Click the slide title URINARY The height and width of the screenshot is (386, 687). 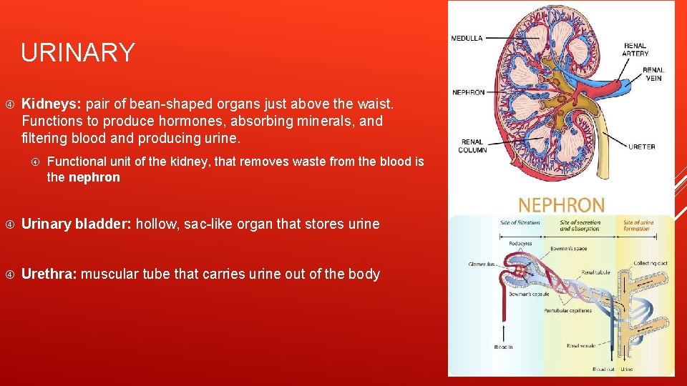tap(77, 53)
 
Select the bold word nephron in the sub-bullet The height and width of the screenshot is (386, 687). tap(94, 177)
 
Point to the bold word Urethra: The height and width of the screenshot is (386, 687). tap(49, 274)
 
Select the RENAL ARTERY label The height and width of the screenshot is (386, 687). tap(635, 49)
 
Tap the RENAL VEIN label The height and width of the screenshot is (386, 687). tap(653, 74)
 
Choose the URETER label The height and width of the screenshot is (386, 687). tap(641, 147)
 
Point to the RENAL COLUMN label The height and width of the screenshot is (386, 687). tap(472, 146)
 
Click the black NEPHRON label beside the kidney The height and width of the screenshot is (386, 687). tap(468, 92)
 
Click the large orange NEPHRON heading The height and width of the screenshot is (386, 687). tap(561, 205)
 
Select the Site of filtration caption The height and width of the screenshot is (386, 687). tap(520, 223)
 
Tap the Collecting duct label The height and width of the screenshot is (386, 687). tap(649, 263)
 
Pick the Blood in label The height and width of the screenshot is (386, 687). tap(503, 347)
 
